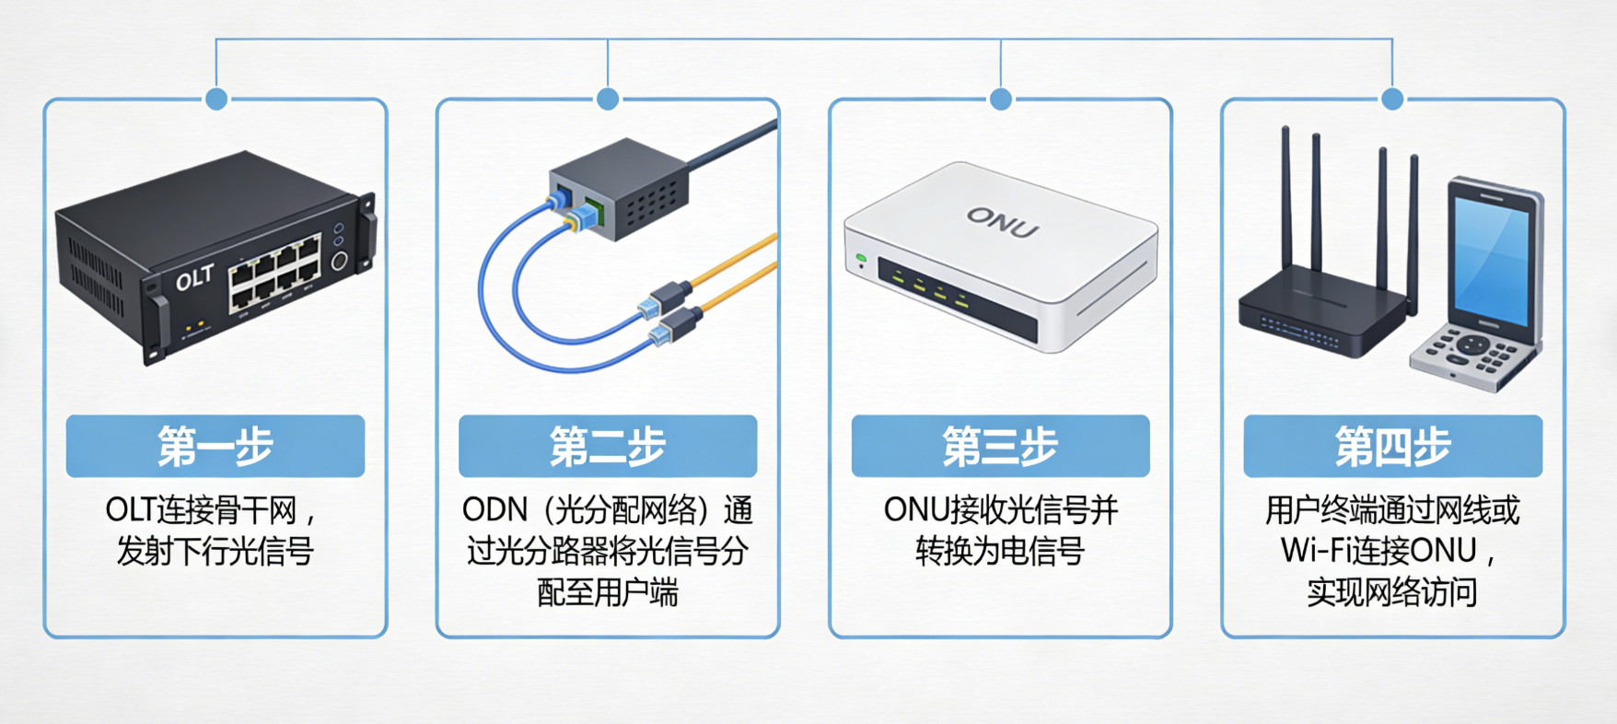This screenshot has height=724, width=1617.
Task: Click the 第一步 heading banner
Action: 215,447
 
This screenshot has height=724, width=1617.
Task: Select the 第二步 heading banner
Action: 608,447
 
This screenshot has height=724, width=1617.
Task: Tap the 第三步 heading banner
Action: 1000,447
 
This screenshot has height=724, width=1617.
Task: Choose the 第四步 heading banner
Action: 1392,447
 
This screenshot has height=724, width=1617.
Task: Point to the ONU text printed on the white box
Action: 1002,222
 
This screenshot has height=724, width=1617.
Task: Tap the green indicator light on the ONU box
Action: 861,258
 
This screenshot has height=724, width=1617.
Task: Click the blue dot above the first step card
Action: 216,99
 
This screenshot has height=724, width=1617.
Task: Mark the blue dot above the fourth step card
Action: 1392,99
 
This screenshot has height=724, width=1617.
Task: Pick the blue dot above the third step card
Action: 1001,99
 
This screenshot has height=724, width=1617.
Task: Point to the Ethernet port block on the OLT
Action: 274,272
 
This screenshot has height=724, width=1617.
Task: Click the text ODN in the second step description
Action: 494,509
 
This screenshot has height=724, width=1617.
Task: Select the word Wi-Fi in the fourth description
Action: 1314,551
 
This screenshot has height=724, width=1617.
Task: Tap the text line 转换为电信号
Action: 1000,551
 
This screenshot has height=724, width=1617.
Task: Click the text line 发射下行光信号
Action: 215,551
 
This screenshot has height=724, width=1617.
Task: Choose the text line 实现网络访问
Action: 1392,591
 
